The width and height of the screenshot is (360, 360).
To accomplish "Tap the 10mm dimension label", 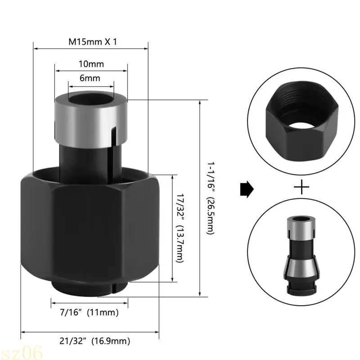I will (x=91, y=64).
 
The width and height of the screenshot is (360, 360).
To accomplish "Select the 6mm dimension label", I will (x=90, y=78).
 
